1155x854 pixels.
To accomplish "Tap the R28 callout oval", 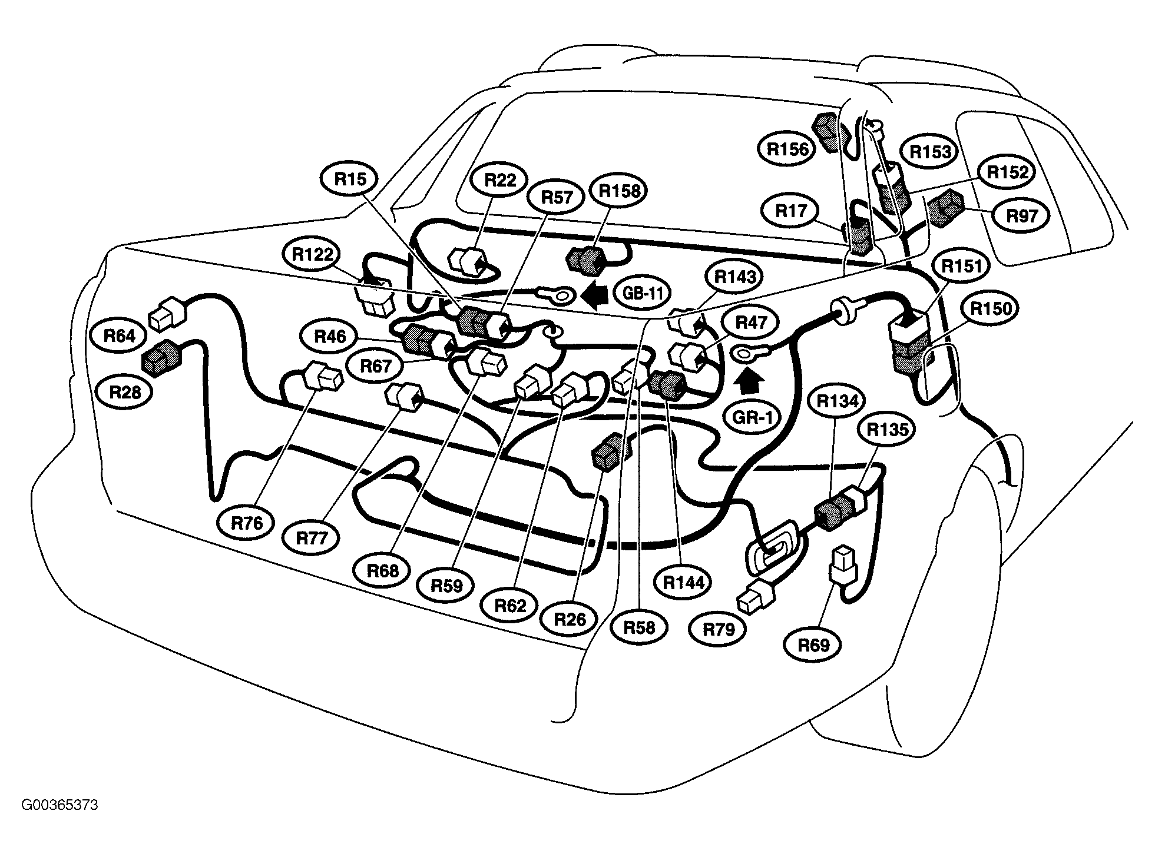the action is point(125,391).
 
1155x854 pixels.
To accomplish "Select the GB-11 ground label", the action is point(643,293).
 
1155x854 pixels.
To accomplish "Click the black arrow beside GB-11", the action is point(594,294).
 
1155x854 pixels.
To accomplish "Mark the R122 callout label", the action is point(312,255).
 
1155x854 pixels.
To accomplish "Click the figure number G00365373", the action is point(60,805).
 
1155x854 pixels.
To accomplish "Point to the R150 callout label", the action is point(991,308).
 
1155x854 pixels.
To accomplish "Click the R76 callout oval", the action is point(247,523).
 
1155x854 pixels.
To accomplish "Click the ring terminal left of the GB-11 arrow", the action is point(554,295).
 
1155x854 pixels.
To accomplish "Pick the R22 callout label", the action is point(500,180).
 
